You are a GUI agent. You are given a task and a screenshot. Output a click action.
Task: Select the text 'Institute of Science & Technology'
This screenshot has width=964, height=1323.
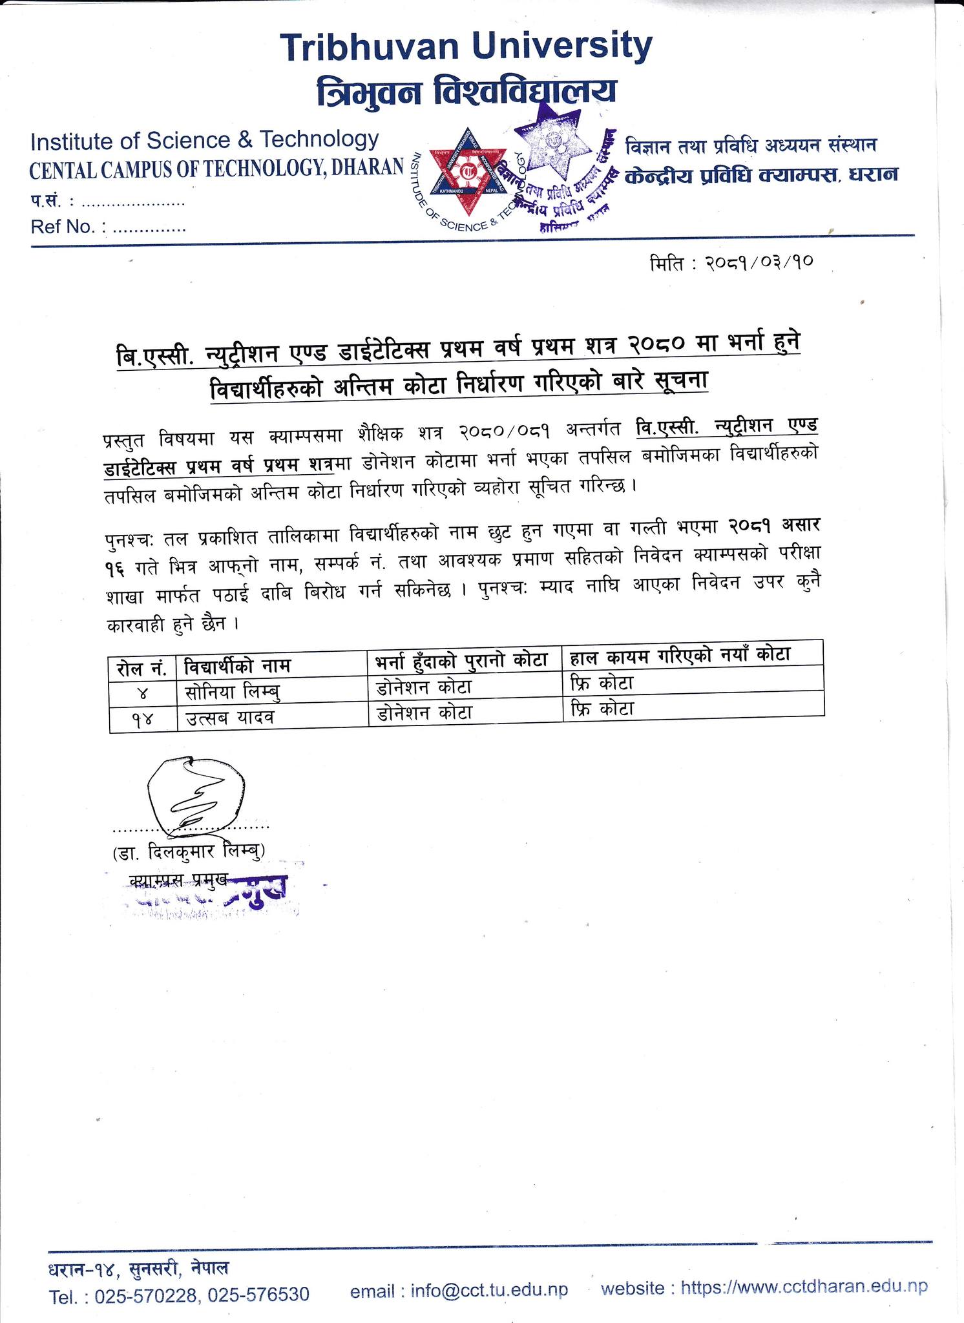click(204, 140)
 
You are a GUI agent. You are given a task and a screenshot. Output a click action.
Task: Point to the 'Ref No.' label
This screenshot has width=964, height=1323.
click(61, 227)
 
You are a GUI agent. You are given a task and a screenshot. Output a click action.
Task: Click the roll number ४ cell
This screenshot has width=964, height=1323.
click(143, 693)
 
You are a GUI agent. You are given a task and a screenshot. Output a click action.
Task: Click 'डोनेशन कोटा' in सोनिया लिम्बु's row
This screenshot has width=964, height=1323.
click(424, 687)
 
